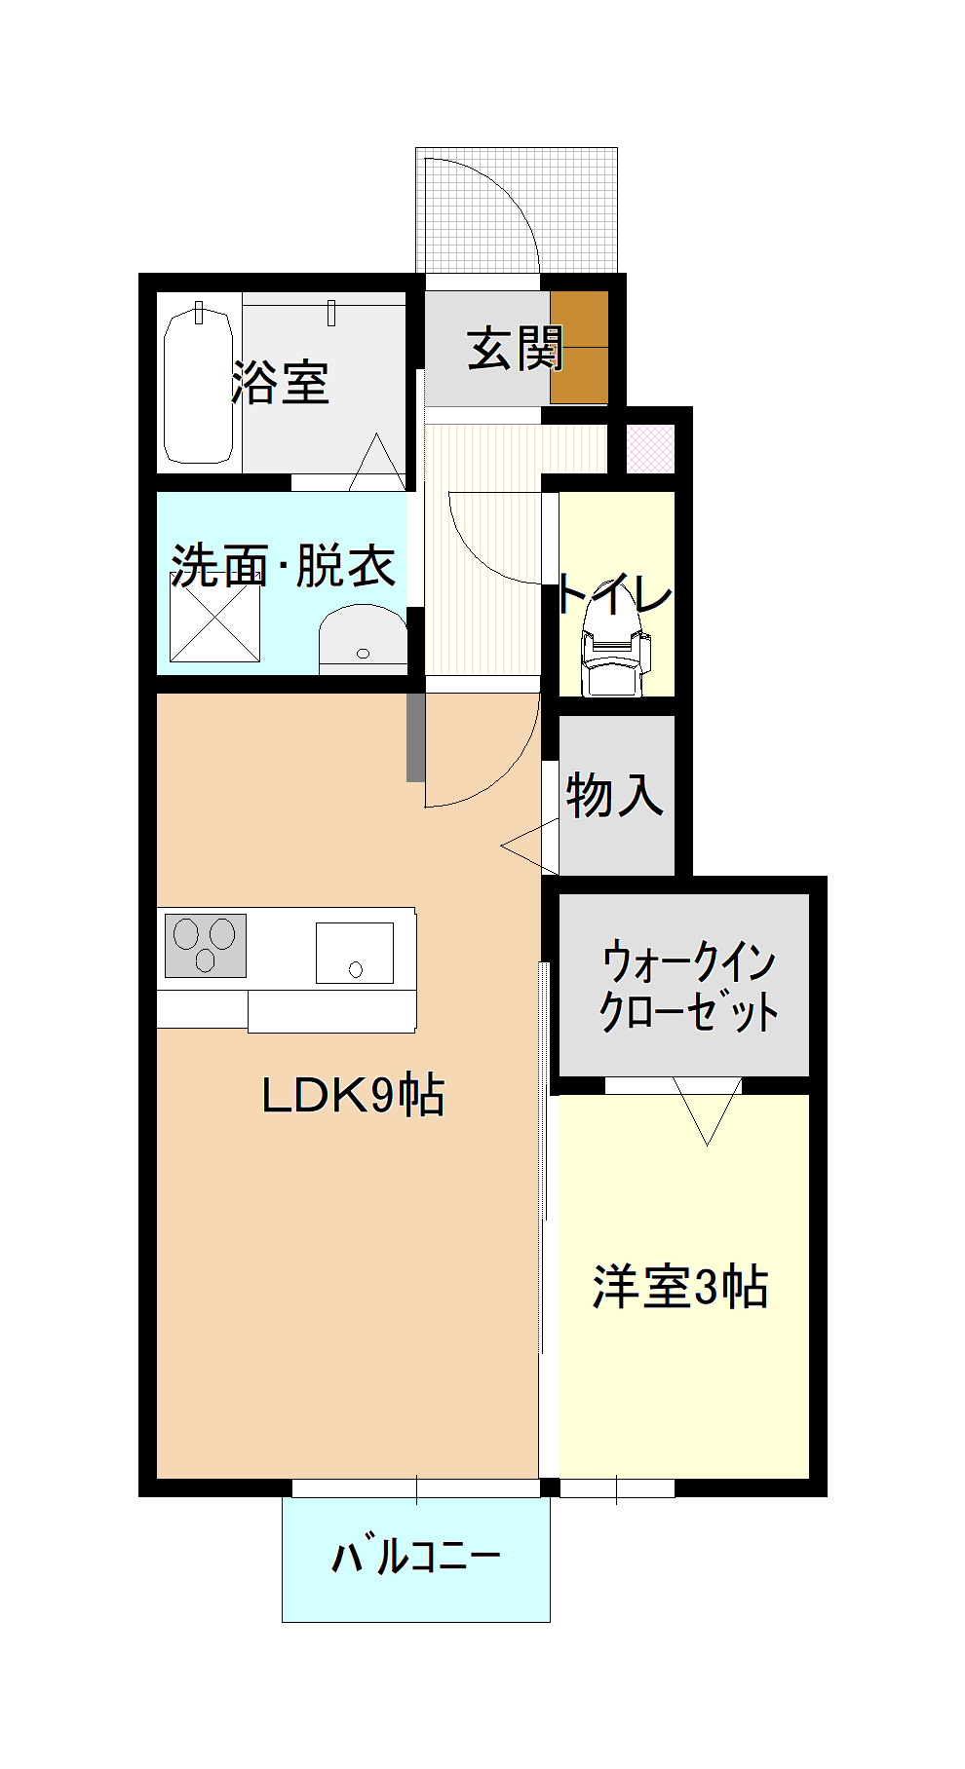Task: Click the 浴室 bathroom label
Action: coord(281,382)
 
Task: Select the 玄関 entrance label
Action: coord(516,348)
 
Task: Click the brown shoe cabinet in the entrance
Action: coord(579,347)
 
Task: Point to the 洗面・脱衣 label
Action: coord(283,565)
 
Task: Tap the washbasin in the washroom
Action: coord(363,638)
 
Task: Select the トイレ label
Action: coord(615,593)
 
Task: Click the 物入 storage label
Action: coord(615,794)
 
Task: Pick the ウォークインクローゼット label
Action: coord(689,985)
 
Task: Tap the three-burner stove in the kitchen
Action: coord(206,945)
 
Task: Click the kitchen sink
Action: coord(355,953)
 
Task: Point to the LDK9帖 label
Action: coord(353,1095)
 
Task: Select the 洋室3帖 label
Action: coord(680,1287)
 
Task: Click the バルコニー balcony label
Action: coord(416,1556)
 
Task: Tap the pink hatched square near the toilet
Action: coord(650,449)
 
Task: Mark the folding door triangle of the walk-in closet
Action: coord(708,1110)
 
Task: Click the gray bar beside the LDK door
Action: coord(415,736)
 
